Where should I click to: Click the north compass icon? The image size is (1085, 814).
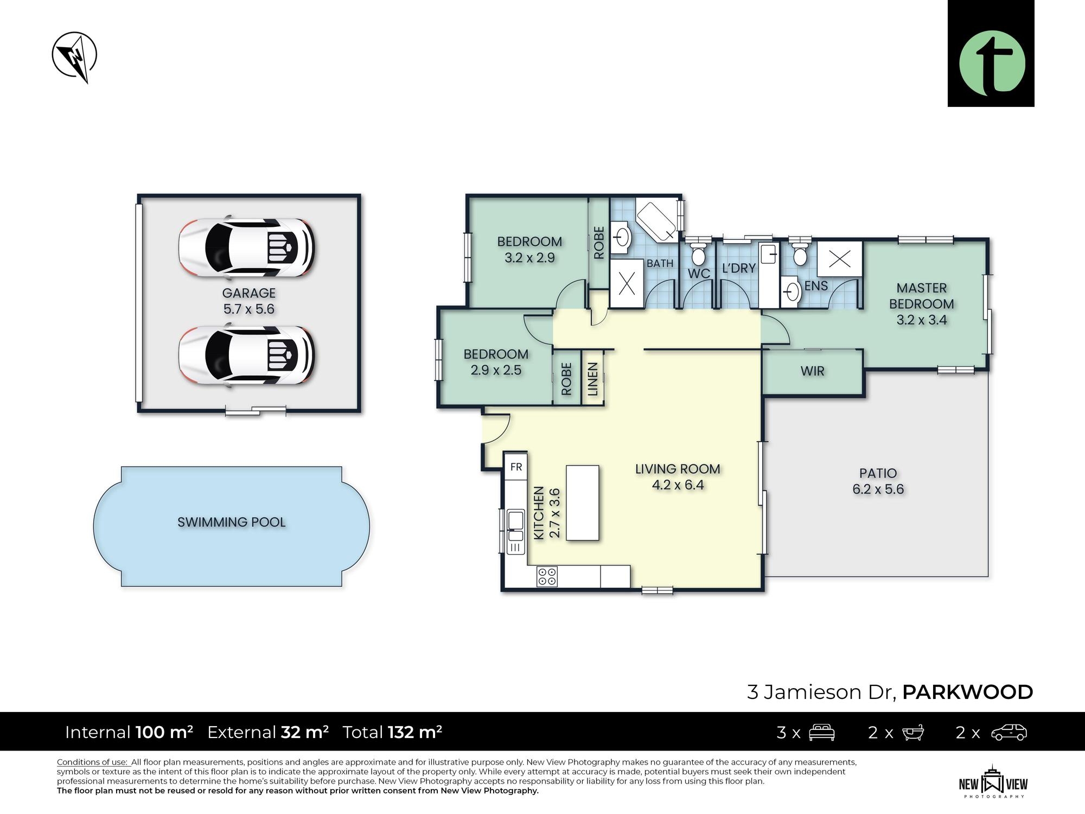coord(75,56)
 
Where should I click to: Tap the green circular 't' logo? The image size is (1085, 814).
coord(992,63)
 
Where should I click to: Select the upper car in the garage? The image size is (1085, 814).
coord(247,248)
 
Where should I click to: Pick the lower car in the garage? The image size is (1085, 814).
coord(247,355)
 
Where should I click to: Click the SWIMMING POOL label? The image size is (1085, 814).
coord(232,522)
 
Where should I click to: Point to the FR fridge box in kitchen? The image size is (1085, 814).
coord(516,467)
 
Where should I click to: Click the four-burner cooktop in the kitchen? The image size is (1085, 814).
coord(547,576)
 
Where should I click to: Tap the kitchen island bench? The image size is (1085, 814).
coord(583,503)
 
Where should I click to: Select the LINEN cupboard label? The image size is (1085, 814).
coord(592,379)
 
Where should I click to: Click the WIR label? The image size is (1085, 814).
coord(812,371)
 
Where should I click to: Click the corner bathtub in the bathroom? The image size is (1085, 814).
coord(656,220)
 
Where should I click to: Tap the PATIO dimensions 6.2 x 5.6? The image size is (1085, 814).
coord(878,489)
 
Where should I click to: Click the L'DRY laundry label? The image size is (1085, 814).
coord(739,268)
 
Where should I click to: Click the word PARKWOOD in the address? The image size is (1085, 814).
coord(967,692)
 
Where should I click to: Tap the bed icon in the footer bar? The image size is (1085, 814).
coord(821,732)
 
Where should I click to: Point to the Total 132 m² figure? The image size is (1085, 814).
coord(392,732)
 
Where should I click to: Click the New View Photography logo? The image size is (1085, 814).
coord(993,781)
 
